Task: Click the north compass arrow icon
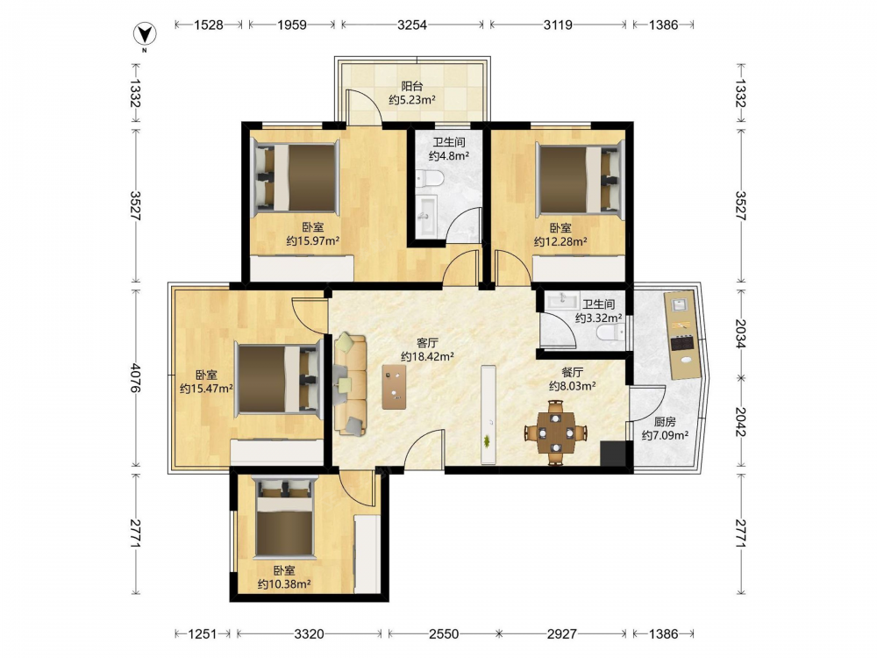[145, 34]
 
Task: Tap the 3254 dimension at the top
[412, 25]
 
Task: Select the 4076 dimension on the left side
[135, 377]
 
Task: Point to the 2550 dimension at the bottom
[444, 634]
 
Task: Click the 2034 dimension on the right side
[740, 333]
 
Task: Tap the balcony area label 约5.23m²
[412, 100]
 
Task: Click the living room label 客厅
[427, 343]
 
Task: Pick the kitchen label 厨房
[665, 422]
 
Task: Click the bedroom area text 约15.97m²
[313, 241]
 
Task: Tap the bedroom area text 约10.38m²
[284, 584]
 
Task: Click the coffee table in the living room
[395, 387]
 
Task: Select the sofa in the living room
[350, 384]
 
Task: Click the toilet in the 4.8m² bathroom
[430, 179]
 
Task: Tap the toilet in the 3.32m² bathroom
[610, 333]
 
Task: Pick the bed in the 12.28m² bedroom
[579, 179]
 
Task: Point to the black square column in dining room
[613, 454]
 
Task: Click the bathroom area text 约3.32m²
[598, 318]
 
